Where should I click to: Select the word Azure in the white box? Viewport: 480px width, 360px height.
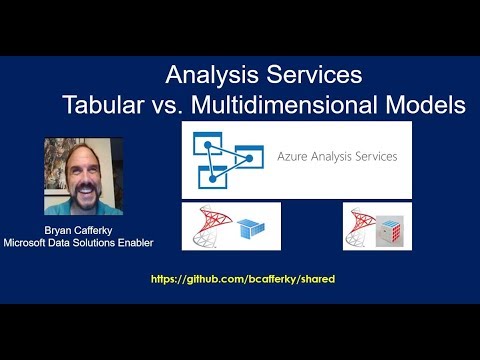[x=297, y=157]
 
